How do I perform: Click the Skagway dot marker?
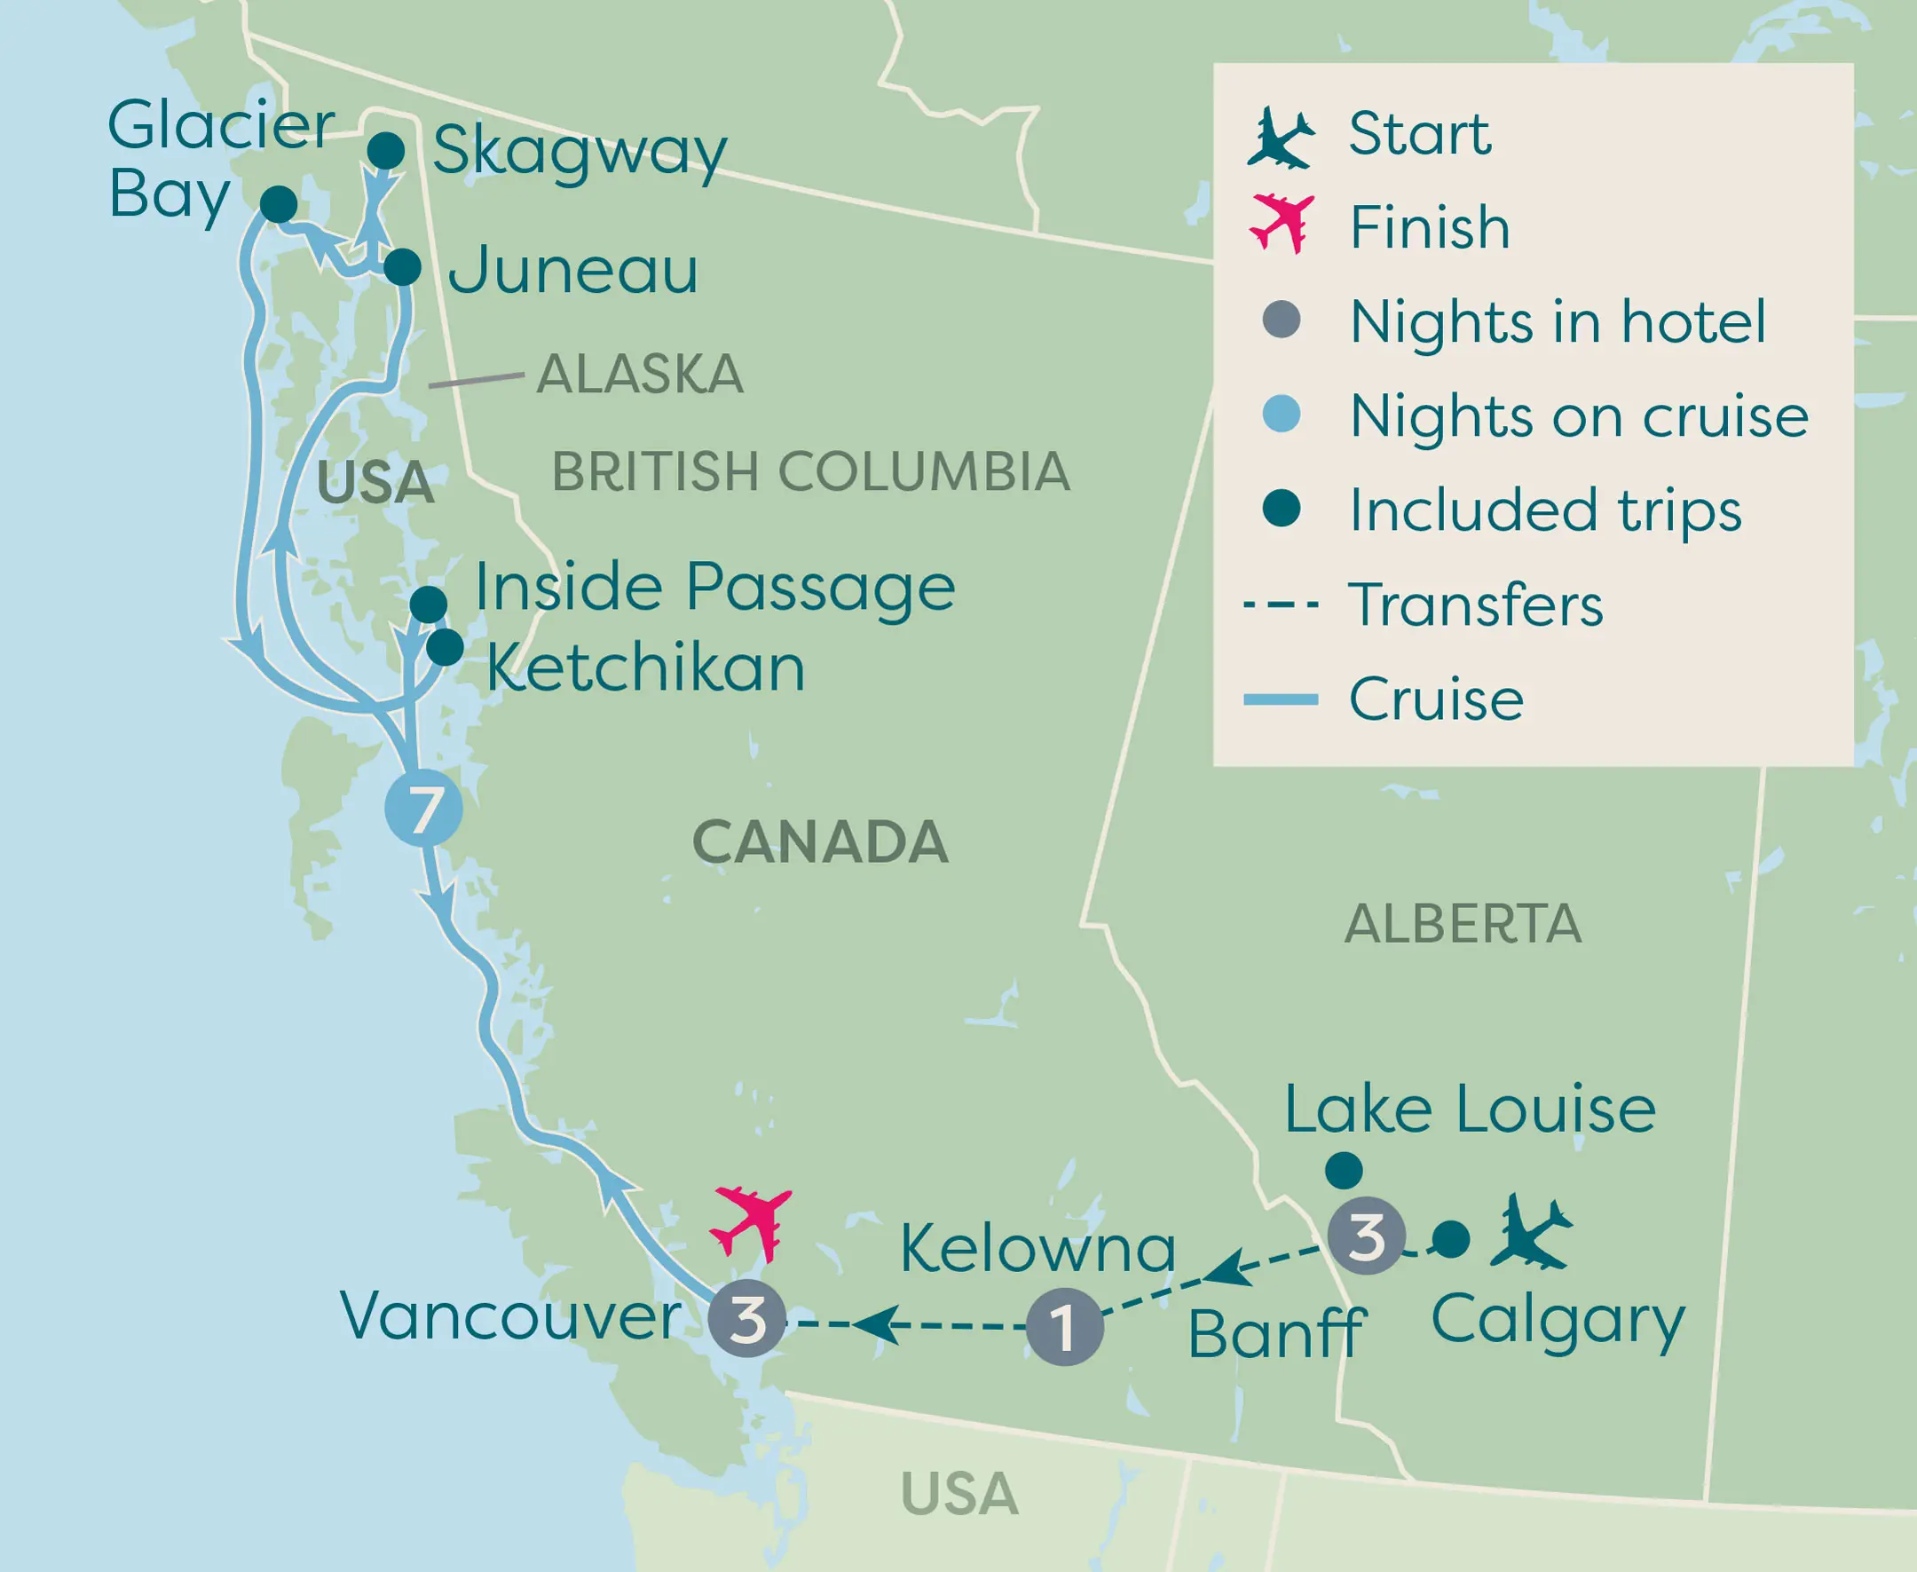[x=386, y=150]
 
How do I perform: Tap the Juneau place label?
[x=573, y=270]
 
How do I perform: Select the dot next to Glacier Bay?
[x=278, y=204]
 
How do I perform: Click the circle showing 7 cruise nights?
[x=422, y=809]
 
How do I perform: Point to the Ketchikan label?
[x=645, y=668]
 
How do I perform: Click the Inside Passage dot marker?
[x=429, y=604]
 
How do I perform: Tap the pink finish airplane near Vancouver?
[x=752, y=1221]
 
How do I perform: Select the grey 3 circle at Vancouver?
[x=747, y=1318]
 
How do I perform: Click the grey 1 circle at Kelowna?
[x=1065, y=1327]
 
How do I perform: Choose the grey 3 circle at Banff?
[x=1367, y=1236]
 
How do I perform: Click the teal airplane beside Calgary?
[x=1532, y=1232]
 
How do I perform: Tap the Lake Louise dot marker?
[x=1344, y=1170]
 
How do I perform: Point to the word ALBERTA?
[x=1463, y=925]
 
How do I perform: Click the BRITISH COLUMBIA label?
[x=810, y=472]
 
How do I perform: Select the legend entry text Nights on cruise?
[x=1578, y=416]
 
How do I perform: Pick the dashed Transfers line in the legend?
[x=1281, y=604]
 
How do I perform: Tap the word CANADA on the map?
[x=819, y=842]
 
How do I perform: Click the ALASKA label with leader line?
[x=639, y=374]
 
